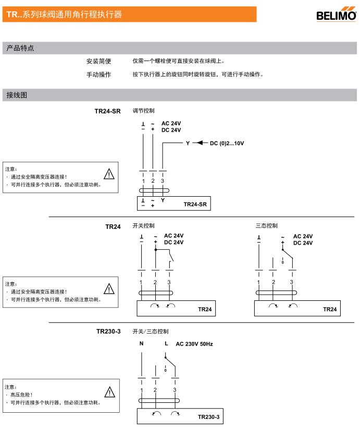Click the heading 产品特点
click(x=20, y=48)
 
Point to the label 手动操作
click(x=98, y=74)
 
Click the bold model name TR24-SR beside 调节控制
click(x=108, y=111)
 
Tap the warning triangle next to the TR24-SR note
click(x=109, y=174)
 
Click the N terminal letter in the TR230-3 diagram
click(x=141, y=344)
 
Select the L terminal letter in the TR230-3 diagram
click(x=166, y=344)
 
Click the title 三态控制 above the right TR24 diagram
click(x=266, y=226)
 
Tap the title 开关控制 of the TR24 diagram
click(x=143, y=226)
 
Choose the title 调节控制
click(x=143, y=110)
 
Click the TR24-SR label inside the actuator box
click(x=195, y=205)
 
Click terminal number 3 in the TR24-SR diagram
click(x=163, y=181)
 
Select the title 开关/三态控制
click(x=151, y=331)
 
